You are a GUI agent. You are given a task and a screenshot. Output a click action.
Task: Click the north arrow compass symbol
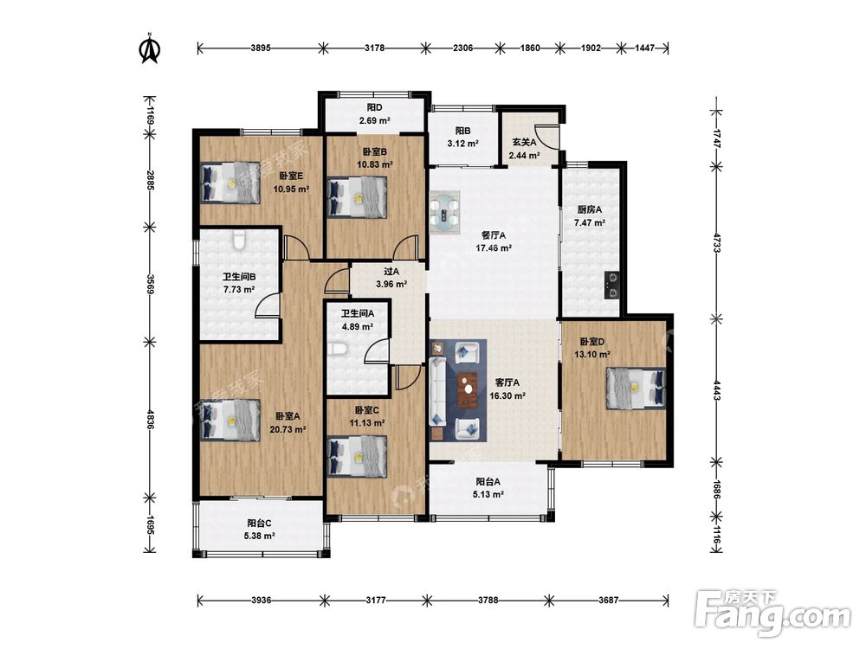point(149,48)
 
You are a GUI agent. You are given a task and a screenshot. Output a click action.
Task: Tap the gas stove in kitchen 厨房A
point(611,285)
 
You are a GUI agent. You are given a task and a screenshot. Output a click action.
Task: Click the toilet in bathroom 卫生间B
point(239,241)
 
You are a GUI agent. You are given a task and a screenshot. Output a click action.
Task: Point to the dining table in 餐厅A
point(444,212)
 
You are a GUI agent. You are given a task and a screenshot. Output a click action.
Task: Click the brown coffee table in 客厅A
point(469,389)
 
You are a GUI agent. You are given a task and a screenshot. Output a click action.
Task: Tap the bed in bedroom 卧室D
point(636,389)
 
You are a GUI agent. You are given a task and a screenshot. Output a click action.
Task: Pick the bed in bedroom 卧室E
point(229,182)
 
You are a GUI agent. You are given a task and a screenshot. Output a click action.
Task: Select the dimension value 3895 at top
point(260,48)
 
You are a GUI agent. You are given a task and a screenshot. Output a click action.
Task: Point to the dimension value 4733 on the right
point(716,243)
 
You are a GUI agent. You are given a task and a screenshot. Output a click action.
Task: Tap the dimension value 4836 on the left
point(150,418)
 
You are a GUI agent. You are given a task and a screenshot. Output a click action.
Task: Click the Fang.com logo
point(772,614)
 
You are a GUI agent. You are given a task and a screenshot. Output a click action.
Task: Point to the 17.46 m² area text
point(494,247)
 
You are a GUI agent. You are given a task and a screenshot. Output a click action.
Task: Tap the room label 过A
point(391,272)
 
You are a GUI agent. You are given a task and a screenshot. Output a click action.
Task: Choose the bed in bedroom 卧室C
point(358,456)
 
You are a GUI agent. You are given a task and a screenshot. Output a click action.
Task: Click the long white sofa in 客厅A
point(438,391)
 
